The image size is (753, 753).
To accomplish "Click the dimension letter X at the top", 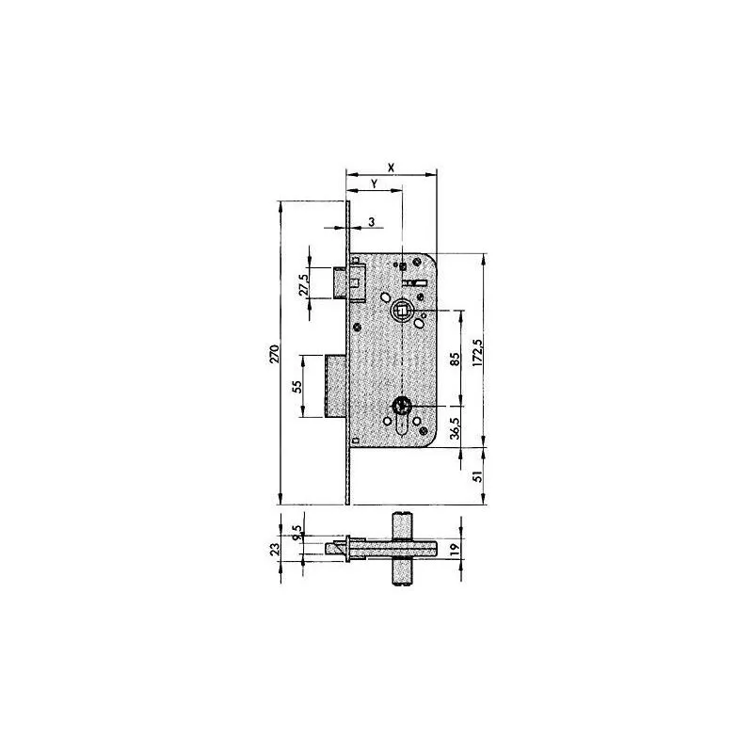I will (391, 166).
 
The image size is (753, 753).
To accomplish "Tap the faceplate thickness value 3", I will (372, 221).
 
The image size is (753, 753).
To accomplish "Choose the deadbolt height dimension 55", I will (295, 385).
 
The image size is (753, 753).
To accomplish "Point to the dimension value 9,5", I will (297, 535).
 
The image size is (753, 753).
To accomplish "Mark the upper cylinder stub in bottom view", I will (401, 524).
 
